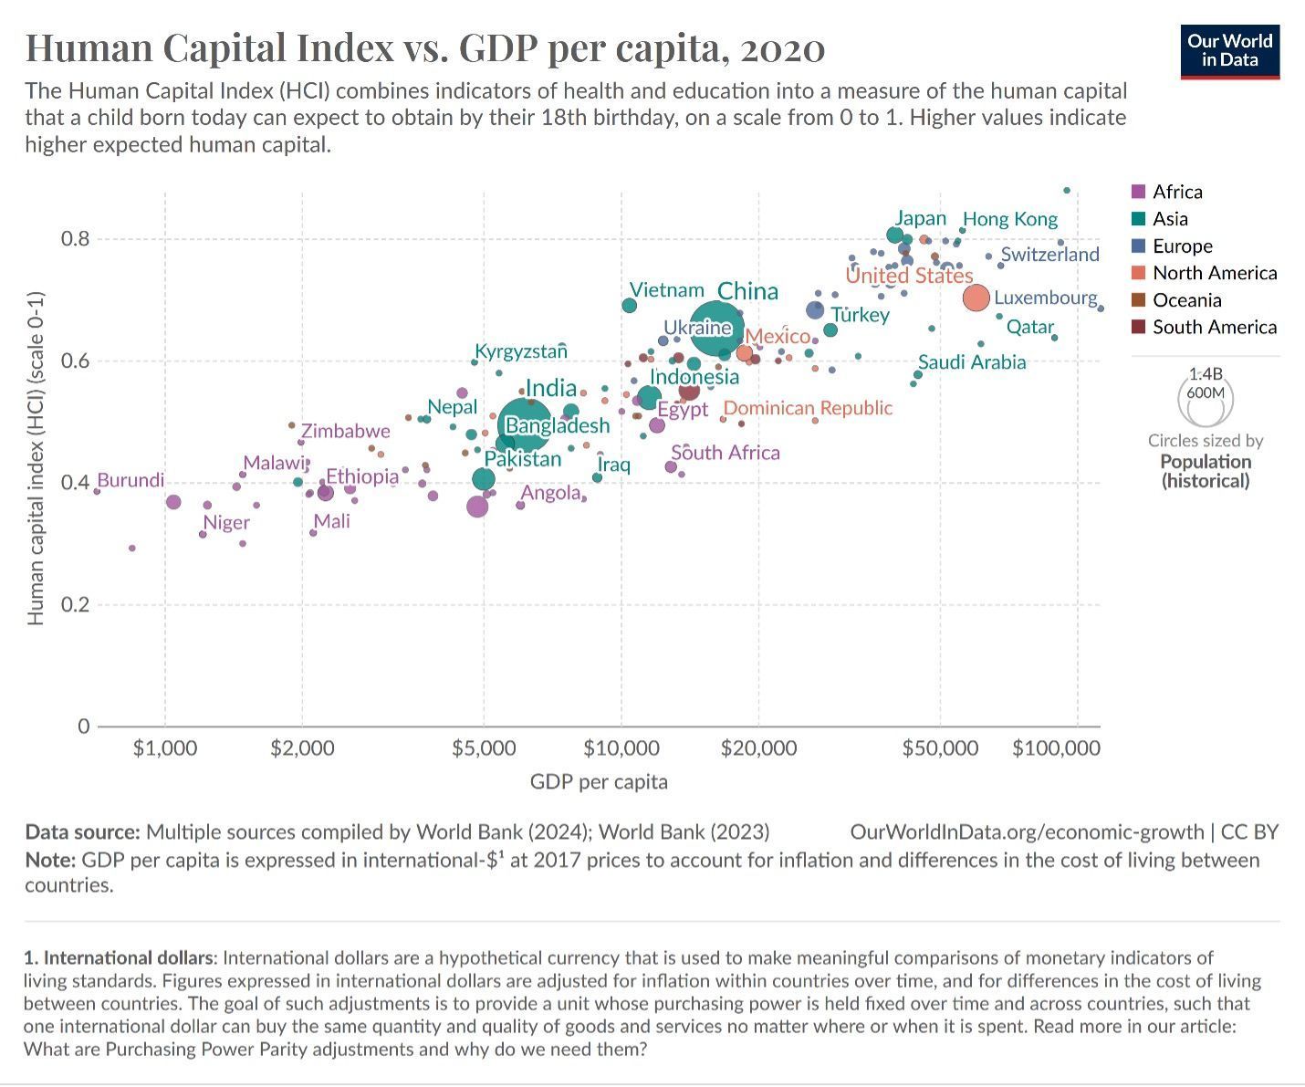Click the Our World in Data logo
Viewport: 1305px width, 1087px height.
point(1229,52)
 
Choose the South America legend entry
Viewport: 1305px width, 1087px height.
point(1204,327)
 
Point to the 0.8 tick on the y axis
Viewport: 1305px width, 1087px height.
point(75,239)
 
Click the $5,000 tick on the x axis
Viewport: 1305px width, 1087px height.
point(484,747)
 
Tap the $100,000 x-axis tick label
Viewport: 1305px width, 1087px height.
point(1056,747)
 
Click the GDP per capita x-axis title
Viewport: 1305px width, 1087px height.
point(599,781)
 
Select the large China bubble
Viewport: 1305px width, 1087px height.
point(717,328)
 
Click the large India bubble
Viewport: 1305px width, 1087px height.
point(525,425)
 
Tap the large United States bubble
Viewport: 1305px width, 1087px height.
point(976,298)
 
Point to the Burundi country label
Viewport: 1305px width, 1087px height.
point(130,480)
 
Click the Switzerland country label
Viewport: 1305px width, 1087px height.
point(1050,255)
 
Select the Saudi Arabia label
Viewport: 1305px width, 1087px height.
point(972,362)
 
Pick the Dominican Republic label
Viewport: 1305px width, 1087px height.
point(809,408)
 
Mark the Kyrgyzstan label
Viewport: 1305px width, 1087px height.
point(521,351)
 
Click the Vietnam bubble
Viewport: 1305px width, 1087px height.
point(630,306)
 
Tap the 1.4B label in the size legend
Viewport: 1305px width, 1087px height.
point(1206,374)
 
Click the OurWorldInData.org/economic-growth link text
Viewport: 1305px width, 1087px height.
point(1027,832)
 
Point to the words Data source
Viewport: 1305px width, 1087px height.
point(82,832)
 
